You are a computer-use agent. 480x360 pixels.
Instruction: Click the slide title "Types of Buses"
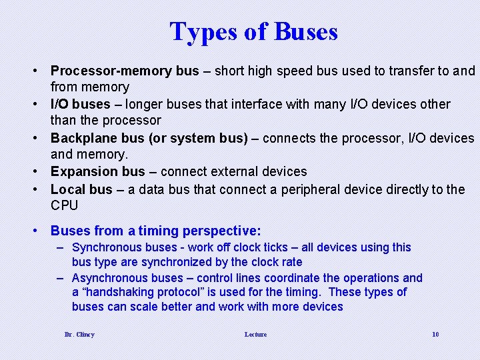click(253, 31)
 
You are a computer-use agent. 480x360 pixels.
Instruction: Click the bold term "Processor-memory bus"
click(125, 71)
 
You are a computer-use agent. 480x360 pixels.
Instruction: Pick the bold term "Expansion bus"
click(97, 172)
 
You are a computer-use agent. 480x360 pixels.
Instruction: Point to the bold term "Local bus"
click(81, 189)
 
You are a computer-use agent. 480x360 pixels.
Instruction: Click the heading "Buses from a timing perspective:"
click(156, 231)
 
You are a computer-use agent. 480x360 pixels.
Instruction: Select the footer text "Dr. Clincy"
click(79, 334)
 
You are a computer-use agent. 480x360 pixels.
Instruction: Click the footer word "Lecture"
click(255, 334)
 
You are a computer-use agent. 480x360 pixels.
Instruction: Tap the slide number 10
click(435, 334)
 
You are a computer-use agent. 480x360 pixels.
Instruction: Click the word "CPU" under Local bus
click(65, 205)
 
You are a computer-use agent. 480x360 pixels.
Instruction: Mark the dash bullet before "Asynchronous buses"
click(60, 278)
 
